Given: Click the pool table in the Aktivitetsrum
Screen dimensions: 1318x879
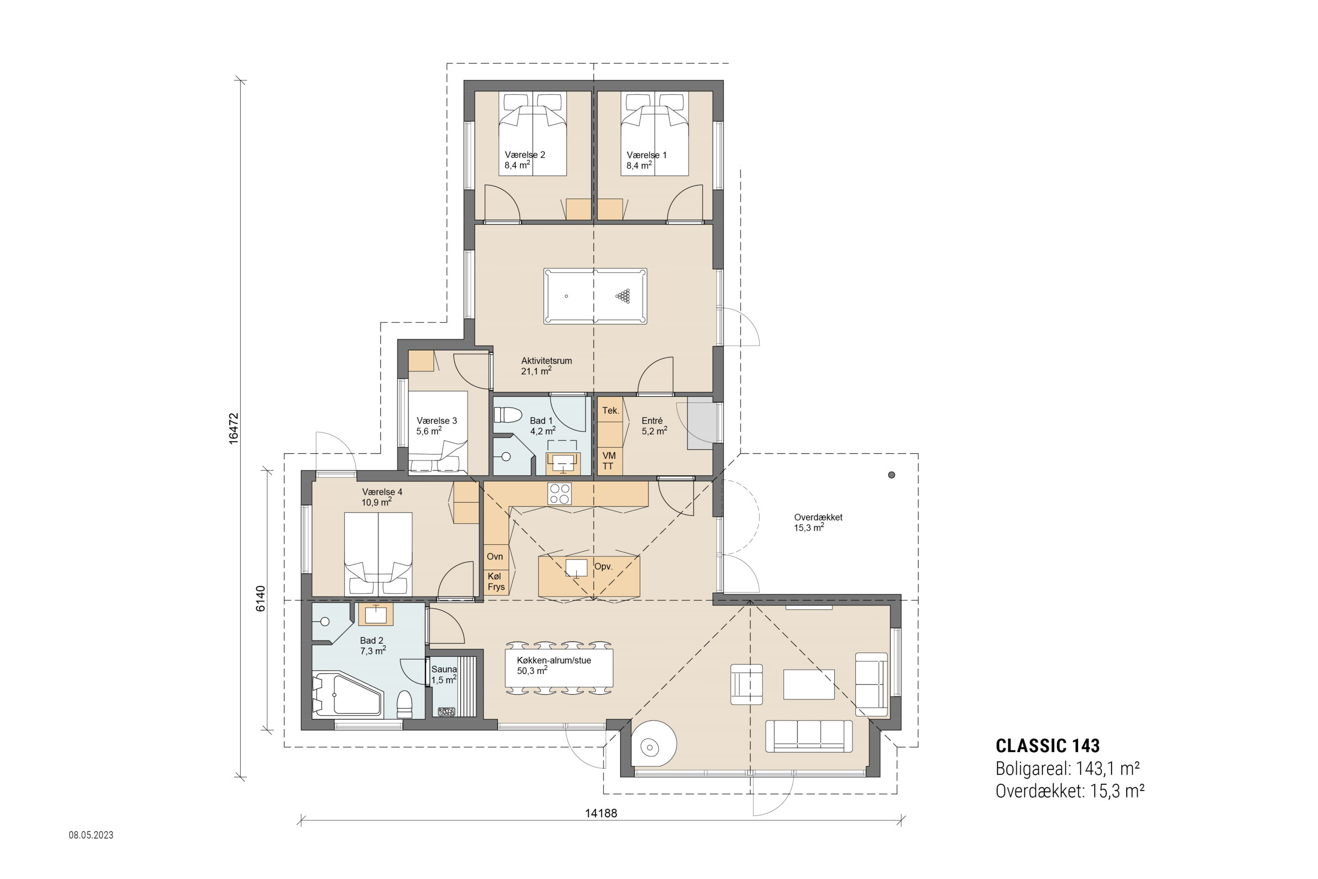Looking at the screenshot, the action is click(x=595, y=296).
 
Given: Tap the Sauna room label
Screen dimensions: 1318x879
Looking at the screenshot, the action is click(x=444, y=669).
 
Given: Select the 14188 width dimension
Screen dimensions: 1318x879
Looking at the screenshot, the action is click(x=601, y=814).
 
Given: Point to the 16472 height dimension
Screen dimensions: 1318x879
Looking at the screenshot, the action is click(x=234, y=429).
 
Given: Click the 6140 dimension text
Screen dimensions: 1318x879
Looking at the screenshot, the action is click(x=260, y=599).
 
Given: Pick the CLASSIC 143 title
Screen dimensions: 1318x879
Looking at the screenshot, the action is click(x=1048, y=746).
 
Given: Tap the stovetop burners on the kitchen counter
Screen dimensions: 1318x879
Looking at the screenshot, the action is click(x=559, y=494).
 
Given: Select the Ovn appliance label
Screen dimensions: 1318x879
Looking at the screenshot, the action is click(x=495, y=557).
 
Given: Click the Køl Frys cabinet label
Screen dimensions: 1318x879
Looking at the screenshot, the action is click(x=496, y=581).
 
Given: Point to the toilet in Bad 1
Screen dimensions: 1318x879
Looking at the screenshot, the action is click(x=508, y=415).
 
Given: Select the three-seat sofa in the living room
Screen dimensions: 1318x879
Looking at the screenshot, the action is click(x=809, y=736).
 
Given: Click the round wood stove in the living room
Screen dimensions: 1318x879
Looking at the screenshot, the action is click(x=654, y=743).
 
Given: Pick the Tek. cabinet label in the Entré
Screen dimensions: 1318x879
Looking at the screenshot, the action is click(x=610, y=410).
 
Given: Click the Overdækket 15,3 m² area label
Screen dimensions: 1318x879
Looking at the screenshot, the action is click(x=818, y=522).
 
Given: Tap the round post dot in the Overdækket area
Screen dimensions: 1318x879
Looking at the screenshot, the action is click(x=891, y=475).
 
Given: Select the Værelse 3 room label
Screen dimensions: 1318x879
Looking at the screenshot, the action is click(x=437, y=425).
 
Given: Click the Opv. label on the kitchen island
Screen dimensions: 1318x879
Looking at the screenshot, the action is click(x=603, y=567).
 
